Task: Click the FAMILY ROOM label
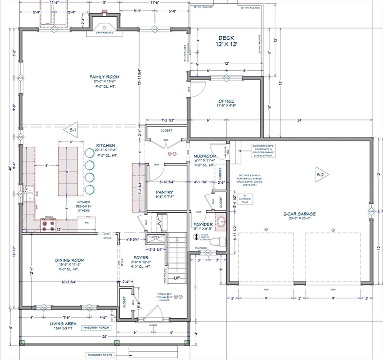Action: tap(105, 77)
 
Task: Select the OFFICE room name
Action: tap(226, 101)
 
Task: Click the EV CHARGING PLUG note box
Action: tap(245, 198)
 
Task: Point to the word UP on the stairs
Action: tap(177, 278)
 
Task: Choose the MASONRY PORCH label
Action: tap(96, 328)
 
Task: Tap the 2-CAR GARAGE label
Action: tap(299, 214)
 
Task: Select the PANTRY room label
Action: tap(164, 192)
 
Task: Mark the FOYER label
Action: tap(141, 257)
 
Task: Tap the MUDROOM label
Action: tap(205, 156)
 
